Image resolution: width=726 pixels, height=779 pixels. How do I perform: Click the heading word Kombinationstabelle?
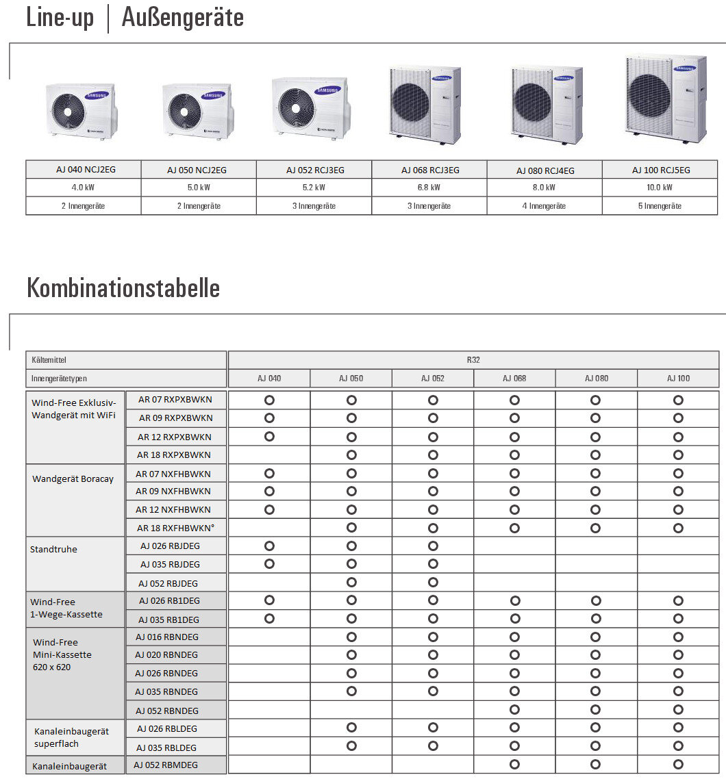tap(123, 288)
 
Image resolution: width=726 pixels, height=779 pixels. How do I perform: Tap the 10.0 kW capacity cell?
tap(660, 188)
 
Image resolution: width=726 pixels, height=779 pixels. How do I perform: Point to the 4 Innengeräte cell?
tap(544, 206)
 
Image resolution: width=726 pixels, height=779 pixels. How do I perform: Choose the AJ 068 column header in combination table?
tap(514, 379)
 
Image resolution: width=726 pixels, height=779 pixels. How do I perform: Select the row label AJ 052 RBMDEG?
tap(166, 765)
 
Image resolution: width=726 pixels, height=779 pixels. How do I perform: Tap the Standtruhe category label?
tap(53, 549)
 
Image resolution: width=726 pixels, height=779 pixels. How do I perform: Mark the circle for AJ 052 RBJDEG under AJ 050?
tap(351, 583)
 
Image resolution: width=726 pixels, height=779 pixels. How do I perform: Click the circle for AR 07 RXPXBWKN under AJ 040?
tap(269, 399)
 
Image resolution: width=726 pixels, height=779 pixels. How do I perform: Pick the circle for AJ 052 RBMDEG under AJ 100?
tap(678, 765)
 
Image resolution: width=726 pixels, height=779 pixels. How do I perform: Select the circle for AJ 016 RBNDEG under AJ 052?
tap(433, 637)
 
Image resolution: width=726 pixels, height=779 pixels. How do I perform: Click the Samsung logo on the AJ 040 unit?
tap(97, 96)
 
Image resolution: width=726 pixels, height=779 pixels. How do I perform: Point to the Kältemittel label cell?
tap(49, 359)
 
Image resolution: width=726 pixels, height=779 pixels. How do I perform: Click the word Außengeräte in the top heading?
tap(183, 17)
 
